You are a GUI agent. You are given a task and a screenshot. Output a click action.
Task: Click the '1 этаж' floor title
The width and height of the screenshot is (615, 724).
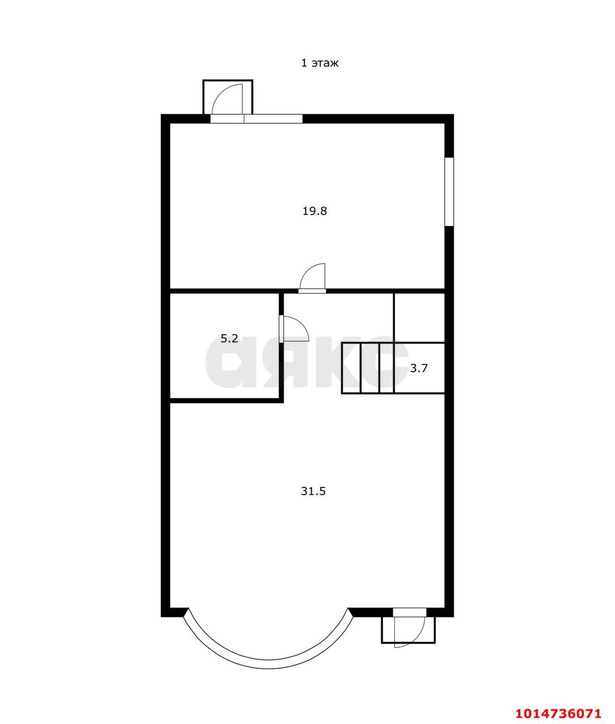tap(320, 63)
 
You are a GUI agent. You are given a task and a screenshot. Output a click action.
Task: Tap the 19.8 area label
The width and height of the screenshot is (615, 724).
tap(315, 211)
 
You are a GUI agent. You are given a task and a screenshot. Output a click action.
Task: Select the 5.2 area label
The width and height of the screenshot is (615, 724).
tap(229, 338)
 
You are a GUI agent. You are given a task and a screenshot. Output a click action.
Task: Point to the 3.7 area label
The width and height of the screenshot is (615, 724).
tap(419, 368)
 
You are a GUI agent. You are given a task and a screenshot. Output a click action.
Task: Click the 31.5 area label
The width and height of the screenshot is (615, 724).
tap(313, 491)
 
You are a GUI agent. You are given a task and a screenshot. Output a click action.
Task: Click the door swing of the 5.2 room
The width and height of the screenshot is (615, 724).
tap(294, 329)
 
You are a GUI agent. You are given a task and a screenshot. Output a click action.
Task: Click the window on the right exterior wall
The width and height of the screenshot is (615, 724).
tap(449, 192)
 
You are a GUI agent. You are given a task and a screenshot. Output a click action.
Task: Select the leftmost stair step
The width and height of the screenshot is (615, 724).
tap(351, 368)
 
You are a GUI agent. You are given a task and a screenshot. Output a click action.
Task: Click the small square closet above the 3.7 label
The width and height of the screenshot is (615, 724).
tap(419, 317)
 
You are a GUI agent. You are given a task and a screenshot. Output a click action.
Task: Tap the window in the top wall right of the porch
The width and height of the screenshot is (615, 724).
tap(273, 119)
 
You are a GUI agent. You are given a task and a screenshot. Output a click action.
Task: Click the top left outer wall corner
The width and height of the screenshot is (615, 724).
tap(162, 115)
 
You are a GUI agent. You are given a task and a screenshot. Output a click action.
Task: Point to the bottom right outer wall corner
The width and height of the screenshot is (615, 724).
tap(453, 616)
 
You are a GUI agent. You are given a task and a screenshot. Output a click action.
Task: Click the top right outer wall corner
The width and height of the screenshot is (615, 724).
tap(453, 115)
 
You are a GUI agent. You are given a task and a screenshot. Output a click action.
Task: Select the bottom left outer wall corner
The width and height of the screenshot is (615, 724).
tap(162, 616)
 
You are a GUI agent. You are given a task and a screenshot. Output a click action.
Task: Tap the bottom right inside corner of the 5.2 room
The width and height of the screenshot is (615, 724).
tap(279, 398)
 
